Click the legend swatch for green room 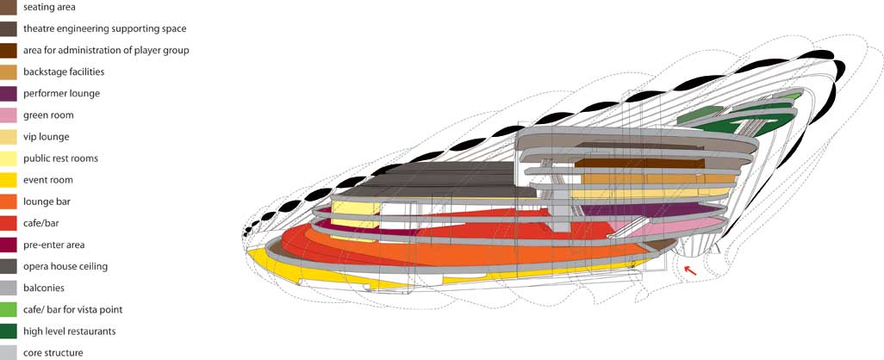[x=8, y=115]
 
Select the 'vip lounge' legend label [x=46, y=137]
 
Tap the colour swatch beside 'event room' [x=8, y=180]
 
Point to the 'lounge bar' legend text [x=47, y=202]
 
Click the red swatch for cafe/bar [x=8, y=224]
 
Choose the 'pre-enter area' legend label [x=54, y=245]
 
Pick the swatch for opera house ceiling [x=8, y=266]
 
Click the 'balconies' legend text [x=44, y=288]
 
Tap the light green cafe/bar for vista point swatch [x=8, y=310]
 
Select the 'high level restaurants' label [x=69, y=332]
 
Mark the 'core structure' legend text [x=53, y=353]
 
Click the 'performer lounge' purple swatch [x=8, y=94]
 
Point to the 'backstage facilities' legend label [x=64, y=72]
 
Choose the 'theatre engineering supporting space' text [x=105, y=28]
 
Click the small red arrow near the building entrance [x=691, y=271]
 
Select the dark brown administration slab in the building [x=639, y=163]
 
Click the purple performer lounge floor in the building [x=648, y=209]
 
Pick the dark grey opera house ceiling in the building [x=434, y=180]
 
